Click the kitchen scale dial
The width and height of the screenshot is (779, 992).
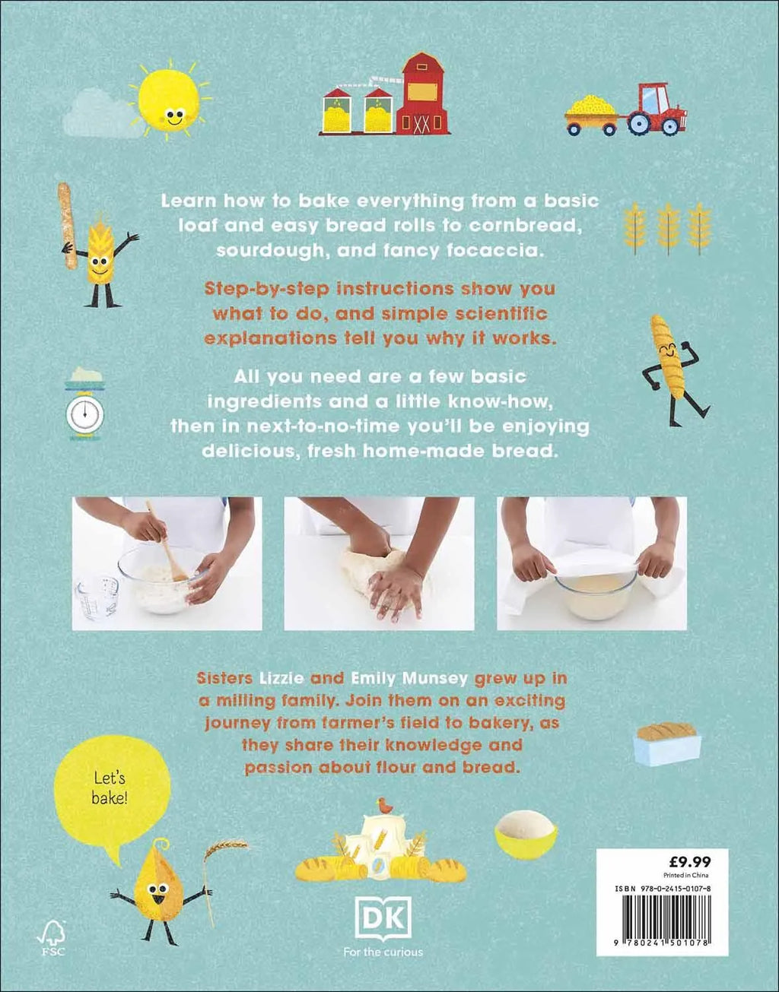pos(85,414)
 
